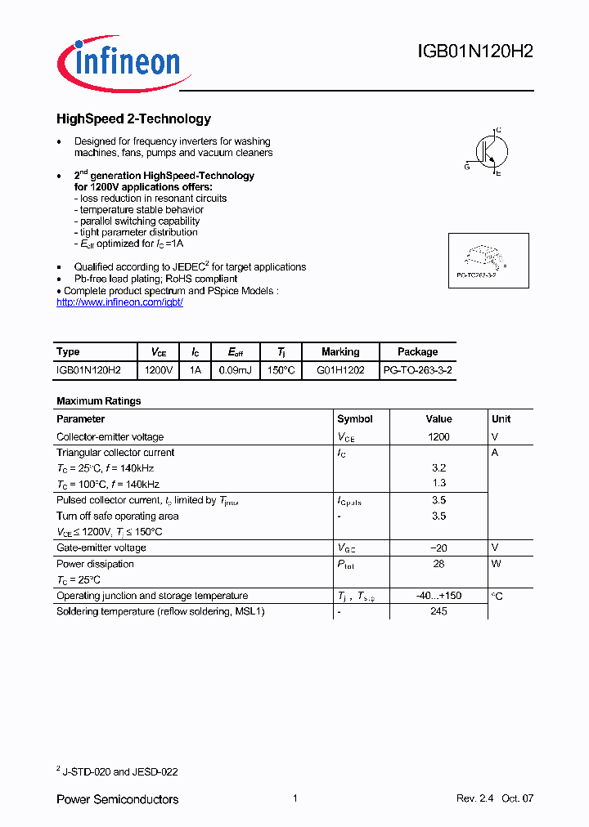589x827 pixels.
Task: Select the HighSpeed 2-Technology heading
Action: (133, 119)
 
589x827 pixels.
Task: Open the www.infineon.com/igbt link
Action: (119, 302)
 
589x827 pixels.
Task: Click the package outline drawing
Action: (488, 259)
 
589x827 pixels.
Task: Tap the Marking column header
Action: (340, 352)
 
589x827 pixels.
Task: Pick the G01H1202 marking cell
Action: (340, 370)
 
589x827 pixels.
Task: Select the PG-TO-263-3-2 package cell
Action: (417, 370)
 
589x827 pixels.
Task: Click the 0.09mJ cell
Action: (236, 370)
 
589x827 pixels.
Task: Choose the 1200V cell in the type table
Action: (159, 370)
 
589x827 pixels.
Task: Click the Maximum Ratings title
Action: (98, 401)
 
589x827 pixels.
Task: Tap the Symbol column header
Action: (355, 419)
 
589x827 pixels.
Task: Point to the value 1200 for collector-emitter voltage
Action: (438, 437)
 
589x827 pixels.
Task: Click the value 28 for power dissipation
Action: (438, 565)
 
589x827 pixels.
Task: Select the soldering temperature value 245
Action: (438, 612)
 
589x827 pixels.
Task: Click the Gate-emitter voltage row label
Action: (101, 548)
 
